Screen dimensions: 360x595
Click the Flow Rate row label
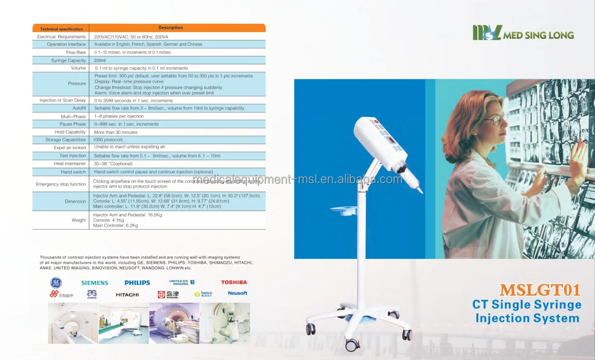[76, 53]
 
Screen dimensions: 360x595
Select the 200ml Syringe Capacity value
[100, 60]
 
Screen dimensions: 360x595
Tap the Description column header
[171, 28]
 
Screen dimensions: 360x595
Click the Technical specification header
[61, 29]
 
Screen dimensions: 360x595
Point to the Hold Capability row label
[70, 132]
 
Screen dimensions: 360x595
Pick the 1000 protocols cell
[108, 140]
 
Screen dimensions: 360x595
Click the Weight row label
[79, 220]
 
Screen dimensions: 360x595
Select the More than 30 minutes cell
[116, 132]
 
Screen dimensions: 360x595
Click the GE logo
[56, 283]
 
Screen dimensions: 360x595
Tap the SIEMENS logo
[95, 283]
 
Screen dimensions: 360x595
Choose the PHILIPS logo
[137, 283]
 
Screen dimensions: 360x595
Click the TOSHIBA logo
[234, 282]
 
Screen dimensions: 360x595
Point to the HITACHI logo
[127, 295]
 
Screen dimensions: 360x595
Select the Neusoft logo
[237, 293]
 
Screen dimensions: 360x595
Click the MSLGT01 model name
[540, 290]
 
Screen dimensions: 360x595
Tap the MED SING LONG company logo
[523, 34]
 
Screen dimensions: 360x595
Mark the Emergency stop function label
[61, 184]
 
